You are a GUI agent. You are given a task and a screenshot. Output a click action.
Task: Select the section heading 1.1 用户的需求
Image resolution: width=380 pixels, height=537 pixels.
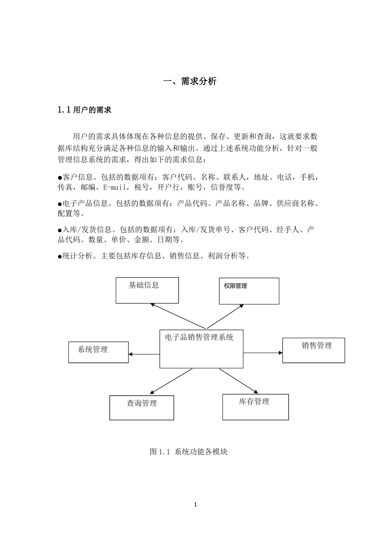[85, 110]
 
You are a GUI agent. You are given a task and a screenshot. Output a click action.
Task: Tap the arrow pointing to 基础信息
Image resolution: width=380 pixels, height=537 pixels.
[178, 316]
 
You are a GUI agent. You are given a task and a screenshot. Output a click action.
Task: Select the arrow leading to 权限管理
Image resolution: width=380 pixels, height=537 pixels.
[225, 317]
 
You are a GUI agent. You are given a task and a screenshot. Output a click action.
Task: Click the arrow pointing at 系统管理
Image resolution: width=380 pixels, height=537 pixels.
[144, 354]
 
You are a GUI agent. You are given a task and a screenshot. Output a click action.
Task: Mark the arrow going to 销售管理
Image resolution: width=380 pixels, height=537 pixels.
[263, 352]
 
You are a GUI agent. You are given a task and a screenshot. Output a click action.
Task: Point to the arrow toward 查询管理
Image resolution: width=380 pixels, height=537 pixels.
[171, 381]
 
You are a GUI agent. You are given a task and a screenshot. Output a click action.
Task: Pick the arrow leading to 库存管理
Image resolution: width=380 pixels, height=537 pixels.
[239, 381]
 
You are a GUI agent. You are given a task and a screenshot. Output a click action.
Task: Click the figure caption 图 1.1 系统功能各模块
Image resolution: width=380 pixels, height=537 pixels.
[188, 452]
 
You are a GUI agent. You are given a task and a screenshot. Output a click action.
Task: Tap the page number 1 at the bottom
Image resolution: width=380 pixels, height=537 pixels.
[195, 505]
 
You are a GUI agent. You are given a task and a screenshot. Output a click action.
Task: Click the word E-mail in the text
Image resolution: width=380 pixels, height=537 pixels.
[115, 187]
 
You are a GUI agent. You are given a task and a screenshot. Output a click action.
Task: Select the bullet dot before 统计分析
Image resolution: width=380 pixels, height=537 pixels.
[60, 257]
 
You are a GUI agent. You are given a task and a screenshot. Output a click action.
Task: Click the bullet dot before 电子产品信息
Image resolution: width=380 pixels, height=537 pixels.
[60, 204]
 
